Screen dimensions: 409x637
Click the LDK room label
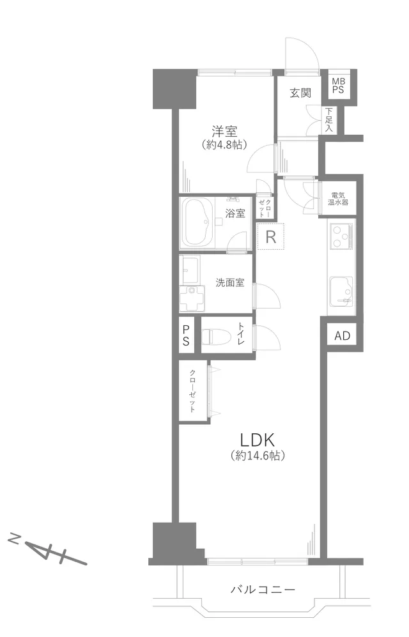pos(258,440)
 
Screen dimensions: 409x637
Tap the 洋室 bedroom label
pos(224,131)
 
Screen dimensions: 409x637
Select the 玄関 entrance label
pos(300,93)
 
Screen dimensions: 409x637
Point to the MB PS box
pos(338,86)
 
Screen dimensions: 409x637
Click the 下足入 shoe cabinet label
pos(328,119)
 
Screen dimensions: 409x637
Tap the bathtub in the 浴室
pos(199,222)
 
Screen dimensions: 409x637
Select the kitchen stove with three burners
pos(341,237)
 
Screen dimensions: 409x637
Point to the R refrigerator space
pos(270,236)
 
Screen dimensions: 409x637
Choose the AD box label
pos(343,335)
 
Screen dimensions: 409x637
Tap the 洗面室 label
pos(230,282)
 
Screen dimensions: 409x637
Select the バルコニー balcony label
pos(263,589)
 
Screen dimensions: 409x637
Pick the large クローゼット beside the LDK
pos(193,391)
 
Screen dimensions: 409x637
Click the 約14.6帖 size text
pos(258,456)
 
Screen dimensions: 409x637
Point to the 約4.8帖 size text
pos(224,144)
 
